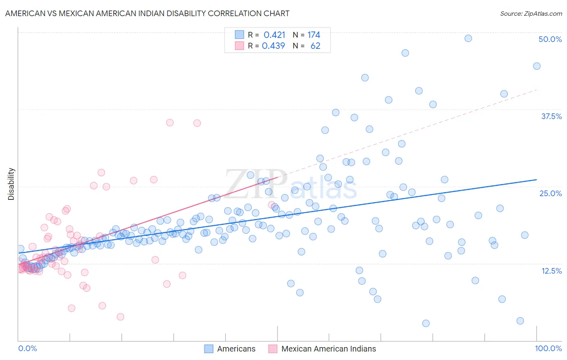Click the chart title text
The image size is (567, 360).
pyautogui.click(x=147, y=13)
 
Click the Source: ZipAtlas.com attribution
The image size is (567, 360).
pyautogui.click(x=531, y=13)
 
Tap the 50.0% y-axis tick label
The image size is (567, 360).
pyautogui.click(x=550, y=39)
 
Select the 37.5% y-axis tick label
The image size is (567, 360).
pyautogui.click(x=551, y=116)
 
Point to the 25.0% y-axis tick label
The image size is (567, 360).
pyautogui.click(x=550, y=193)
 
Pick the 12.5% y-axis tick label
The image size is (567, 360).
pyautogui.click(x=551, y=271)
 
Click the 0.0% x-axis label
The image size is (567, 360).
pyautogui.click(x=27, y=348)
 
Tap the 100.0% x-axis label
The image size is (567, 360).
pyautogui.click(x=548, y=348)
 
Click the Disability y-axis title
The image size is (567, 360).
pyautogui.click(x=11, y=184)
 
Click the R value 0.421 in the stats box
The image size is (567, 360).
pyautogui.click(x=274, y=35)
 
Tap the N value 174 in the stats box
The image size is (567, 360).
pyautogui.click(x=313, y=35)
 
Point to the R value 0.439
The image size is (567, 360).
pyautogui.click(x=273, y=46)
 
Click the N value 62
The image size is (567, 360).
pyautogui.click(x=315, y=46)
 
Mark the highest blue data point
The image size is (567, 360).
pyautogui.click(x=468, y=38)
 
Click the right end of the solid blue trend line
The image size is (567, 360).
pyautogui.click(x=536, y=179)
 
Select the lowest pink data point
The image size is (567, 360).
pyautogui.click(x=120, y=317)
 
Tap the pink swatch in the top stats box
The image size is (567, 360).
pyautogui.click(x=240, y=46)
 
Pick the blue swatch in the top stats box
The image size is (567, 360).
pyautogui.click(x=240, y=35)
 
